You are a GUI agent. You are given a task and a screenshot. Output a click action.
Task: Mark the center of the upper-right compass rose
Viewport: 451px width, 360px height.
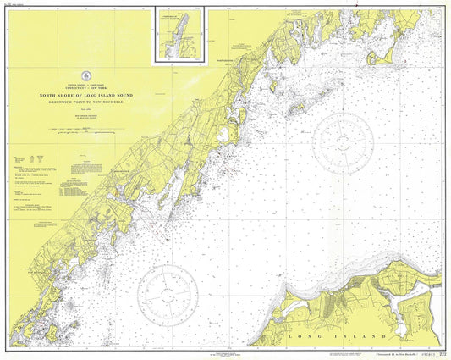tap(343, 135)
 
